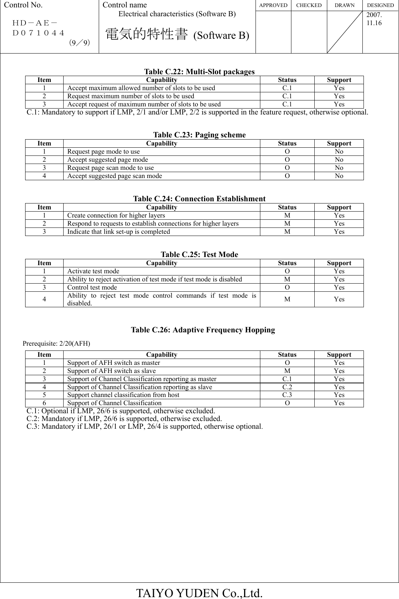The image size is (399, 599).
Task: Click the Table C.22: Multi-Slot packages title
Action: [x=199, y=72]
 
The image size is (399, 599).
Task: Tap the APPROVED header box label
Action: [x=273, y=5]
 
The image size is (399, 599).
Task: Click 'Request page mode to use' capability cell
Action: [x=104, y=151]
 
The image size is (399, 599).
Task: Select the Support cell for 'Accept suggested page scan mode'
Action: [x=339, y=176]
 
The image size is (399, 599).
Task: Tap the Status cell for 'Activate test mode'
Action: [x=287, y=271]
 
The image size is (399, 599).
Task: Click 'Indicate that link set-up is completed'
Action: [x=119, y=232]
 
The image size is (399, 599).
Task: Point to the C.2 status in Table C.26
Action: [x=287, y=387]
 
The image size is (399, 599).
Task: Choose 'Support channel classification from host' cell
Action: [x=123, y=395]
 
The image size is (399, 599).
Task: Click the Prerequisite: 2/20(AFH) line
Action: [x=56, y=343]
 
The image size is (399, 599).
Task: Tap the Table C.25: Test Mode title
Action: [x=199, y=254]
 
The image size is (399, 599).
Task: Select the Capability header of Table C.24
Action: [x=161, y=207]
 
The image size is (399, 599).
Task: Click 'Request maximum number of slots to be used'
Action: [x=131, y=96]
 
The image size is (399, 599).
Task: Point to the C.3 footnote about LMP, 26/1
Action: [x=145, y=427]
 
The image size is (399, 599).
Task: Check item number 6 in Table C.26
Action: [x=44, y=403]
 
